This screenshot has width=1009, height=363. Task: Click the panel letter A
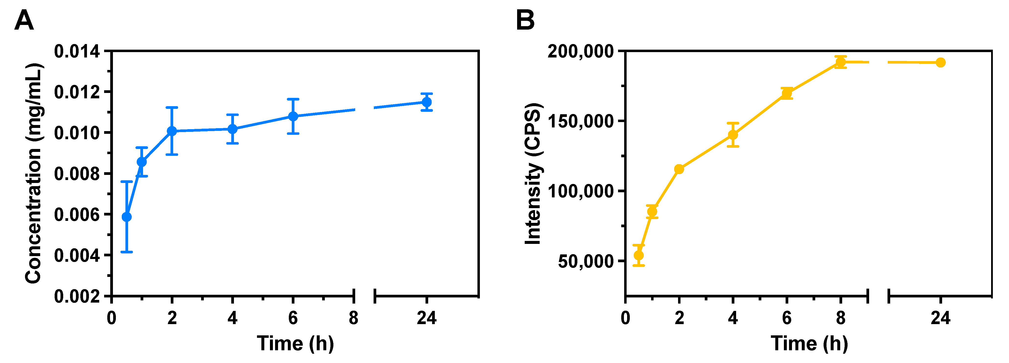(x=24, y=20)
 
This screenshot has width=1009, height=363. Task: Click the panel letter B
(x=525, y=20)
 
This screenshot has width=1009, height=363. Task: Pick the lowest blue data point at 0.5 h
(x=126, y=217)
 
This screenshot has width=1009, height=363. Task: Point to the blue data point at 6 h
(x=293, y=116)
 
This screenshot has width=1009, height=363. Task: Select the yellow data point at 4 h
(x=733, y=135)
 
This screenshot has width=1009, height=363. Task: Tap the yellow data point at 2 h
(x=679, y=169)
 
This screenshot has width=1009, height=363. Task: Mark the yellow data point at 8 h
(x=840, y=62)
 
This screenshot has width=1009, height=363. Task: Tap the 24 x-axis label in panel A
(x=426, y=318)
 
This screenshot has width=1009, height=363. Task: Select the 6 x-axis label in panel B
(x=787, y=318)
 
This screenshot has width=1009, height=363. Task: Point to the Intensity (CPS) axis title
(x=534, y=174)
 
